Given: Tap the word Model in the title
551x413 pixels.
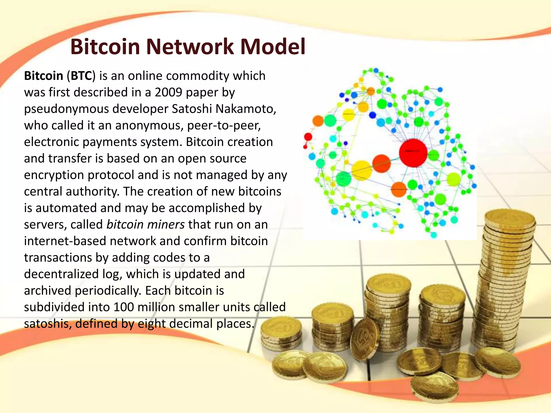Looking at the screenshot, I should tap(273, 47).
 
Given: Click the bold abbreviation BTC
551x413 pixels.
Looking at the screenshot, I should tap(81, 76).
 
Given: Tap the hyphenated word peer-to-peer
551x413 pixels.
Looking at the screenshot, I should tap(224, 126).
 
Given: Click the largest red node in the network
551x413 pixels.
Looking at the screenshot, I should tap(413, 153).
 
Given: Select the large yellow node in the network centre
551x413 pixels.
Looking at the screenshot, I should tap(362, 170).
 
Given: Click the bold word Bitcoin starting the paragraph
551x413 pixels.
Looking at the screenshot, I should tap(43, 76).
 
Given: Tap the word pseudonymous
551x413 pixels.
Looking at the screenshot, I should tap(66, 109).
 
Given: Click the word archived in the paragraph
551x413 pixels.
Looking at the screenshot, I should tap(48, 291).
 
